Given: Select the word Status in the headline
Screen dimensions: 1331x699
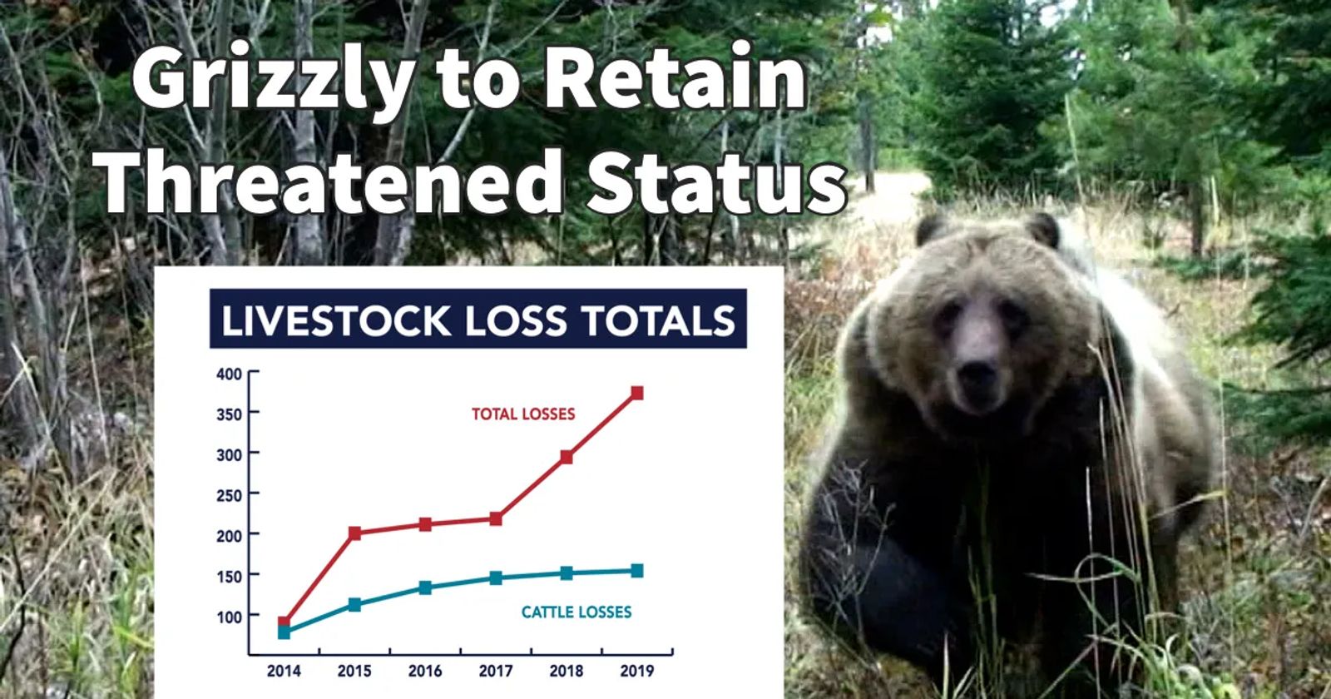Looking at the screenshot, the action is [717, 182].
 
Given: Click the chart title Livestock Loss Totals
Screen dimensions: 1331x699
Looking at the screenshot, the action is [478, 320].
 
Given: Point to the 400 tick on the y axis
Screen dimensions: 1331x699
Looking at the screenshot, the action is [230, 374].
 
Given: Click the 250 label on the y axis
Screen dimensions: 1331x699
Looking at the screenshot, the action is [230, 495].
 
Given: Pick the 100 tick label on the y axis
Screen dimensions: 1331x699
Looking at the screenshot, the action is [230, 617].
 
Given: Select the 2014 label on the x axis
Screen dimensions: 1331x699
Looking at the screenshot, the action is [284, 671].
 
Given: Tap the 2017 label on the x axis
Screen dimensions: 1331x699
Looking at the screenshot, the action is [496, 671].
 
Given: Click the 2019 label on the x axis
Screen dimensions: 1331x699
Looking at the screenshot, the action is [637, 671].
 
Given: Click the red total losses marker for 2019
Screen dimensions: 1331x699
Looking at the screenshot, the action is [637, 393].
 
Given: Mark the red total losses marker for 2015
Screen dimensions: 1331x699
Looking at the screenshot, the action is [354, 533].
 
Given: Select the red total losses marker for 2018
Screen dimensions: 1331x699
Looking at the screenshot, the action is [567, 457].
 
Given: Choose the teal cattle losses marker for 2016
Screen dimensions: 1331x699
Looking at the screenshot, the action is [425, 587].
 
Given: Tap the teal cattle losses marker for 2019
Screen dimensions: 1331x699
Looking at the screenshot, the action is [637, 571].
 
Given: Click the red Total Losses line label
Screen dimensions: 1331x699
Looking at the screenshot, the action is [523, 414].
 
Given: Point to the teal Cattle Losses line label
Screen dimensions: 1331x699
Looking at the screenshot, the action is [576, 612].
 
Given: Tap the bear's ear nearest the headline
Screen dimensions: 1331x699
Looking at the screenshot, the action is [930, 230].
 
